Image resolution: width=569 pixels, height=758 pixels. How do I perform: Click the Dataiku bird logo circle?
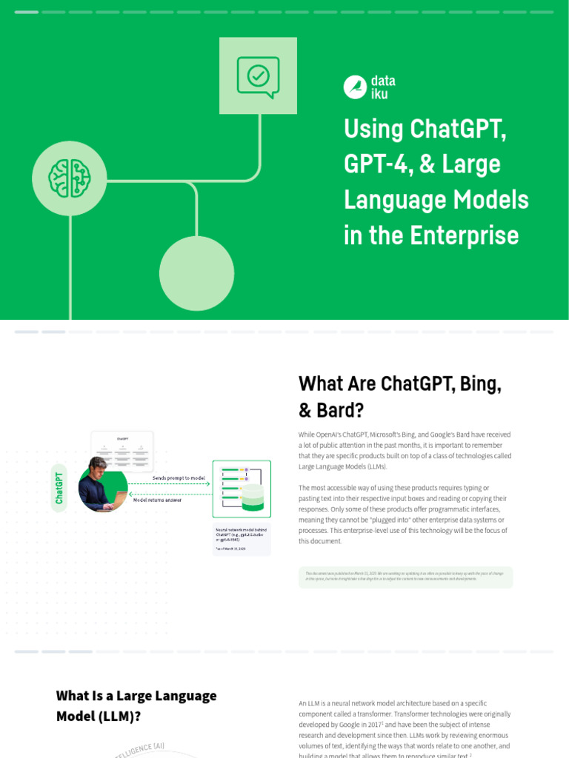(356, 87)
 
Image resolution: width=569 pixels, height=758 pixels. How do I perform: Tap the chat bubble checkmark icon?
(258, 76)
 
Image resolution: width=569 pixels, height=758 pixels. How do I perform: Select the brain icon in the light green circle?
(70, 178)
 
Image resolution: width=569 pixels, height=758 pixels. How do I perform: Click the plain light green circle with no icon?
(196, 273)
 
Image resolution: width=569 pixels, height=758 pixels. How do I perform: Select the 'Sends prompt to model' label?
(179, 478)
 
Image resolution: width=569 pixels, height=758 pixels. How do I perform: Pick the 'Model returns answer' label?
(157, 500)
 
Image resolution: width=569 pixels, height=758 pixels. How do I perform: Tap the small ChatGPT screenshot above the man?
(122, 451)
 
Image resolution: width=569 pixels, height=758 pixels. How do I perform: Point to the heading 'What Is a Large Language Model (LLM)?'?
(136, 706)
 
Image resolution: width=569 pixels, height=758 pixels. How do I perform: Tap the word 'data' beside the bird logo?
(382, 81)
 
